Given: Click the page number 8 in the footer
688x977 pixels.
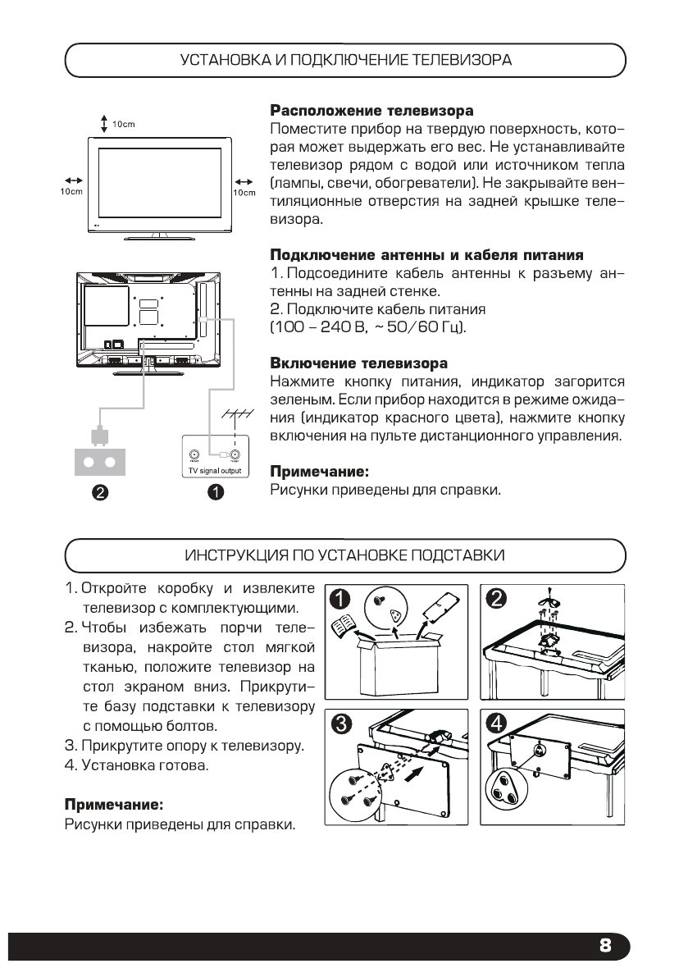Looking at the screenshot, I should tap(605, 945).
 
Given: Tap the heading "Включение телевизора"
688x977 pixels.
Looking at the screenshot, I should tap(359, 363).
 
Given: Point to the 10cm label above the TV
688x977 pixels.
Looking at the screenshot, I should tap(123, 124).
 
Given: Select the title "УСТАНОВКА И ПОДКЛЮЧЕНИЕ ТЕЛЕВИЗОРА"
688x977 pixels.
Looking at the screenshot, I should tap(345, 61).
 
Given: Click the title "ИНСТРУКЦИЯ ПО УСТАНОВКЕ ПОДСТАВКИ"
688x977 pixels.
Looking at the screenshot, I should tap(345, 555).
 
